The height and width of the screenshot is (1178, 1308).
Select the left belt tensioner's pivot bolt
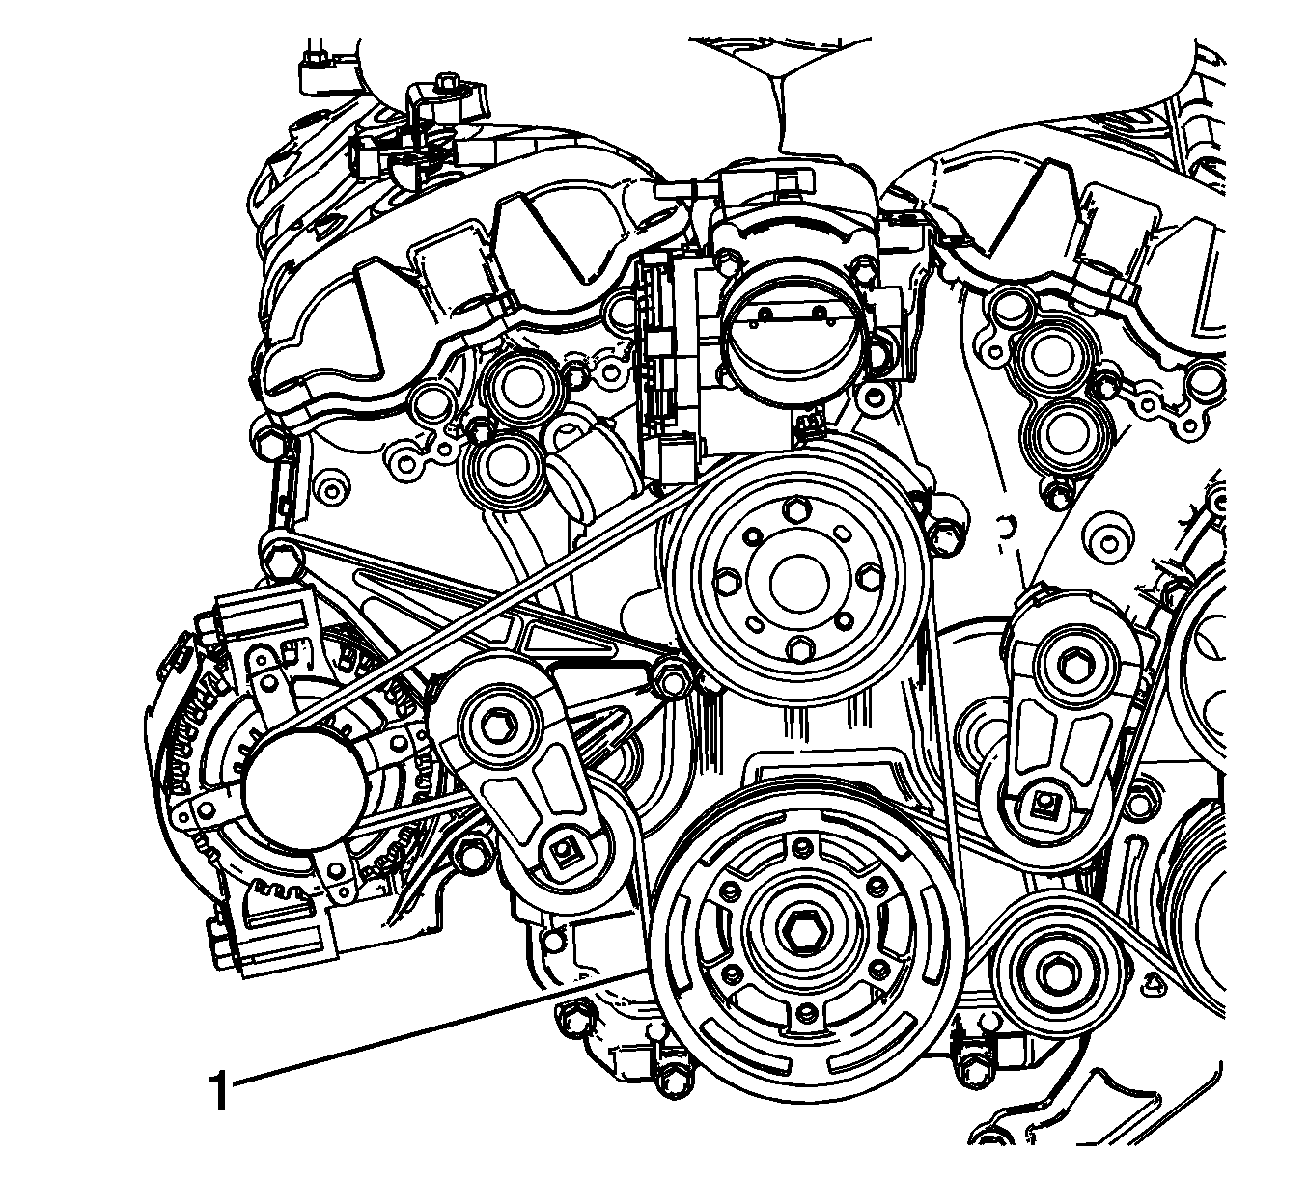pyautogui.click(x=499, y=723)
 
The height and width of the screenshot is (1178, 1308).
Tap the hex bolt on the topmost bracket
pyautogui.click(x=447, y=83)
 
